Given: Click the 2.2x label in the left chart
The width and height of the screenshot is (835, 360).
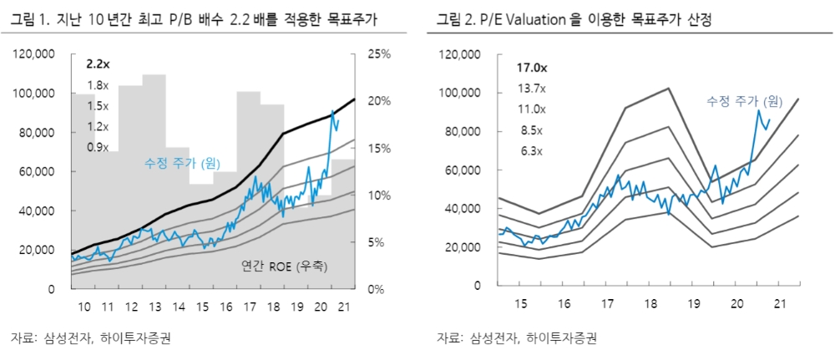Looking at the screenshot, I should tap(98, 64).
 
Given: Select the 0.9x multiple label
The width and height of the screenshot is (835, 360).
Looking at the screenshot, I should tap(98, 148).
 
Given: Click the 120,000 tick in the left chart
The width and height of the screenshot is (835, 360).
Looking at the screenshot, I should tap(34, 54).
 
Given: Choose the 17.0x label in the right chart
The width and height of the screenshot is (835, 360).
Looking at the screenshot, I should tap(531, 68).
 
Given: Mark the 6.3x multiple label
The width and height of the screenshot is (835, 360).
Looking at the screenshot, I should tap(529, 151).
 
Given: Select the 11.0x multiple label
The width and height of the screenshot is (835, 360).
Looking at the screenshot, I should tap(531, 109).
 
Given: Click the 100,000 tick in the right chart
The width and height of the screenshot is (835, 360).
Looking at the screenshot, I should tap(460, 93).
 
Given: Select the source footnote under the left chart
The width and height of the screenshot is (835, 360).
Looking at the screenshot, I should tap(93, 339).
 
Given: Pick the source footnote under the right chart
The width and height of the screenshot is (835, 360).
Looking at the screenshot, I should tap(517, 339).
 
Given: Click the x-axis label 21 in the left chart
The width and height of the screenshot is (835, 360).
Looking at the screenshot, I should tap(342, 307).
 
